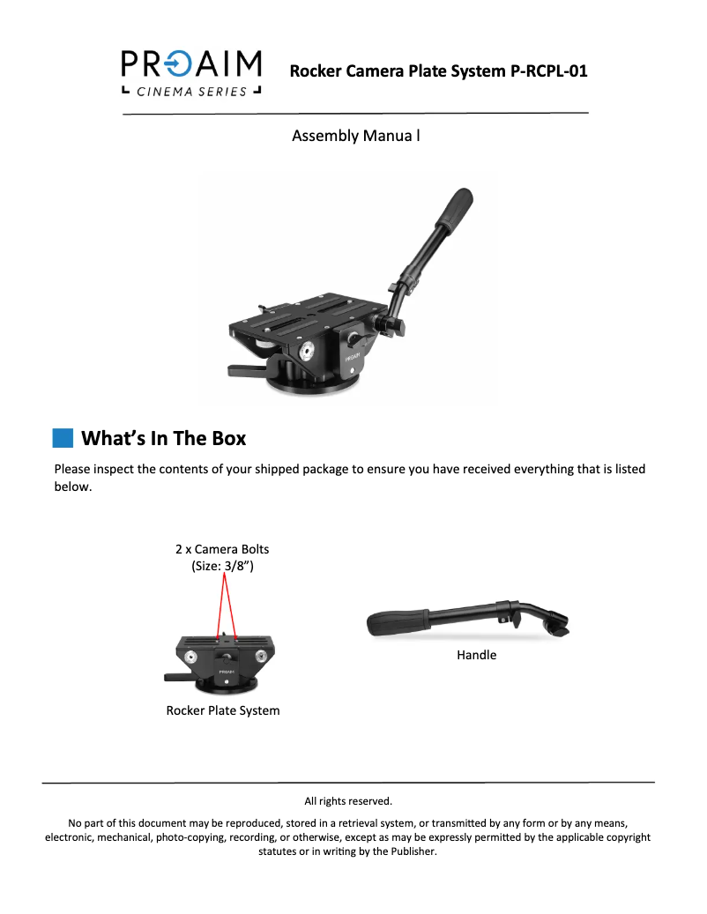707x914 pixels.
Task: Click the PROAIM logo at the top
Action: tap(191, 64)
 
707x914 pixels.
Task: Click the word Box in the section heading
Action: tap(221, 438)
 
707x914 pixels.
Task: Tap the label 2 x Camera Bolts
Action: tap(222, 549)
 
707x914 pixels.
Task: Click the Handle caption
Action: tap(476, 655)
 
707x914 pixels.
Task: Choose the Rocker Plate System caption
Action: tap(223, 710)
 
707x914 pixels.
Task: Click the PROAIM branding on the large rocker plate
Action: tap(353, 359)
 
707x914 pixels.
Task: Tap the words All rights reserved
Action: tap(348, 801)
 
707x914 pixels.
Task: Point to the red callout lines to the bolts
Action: tap(225, 604)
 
